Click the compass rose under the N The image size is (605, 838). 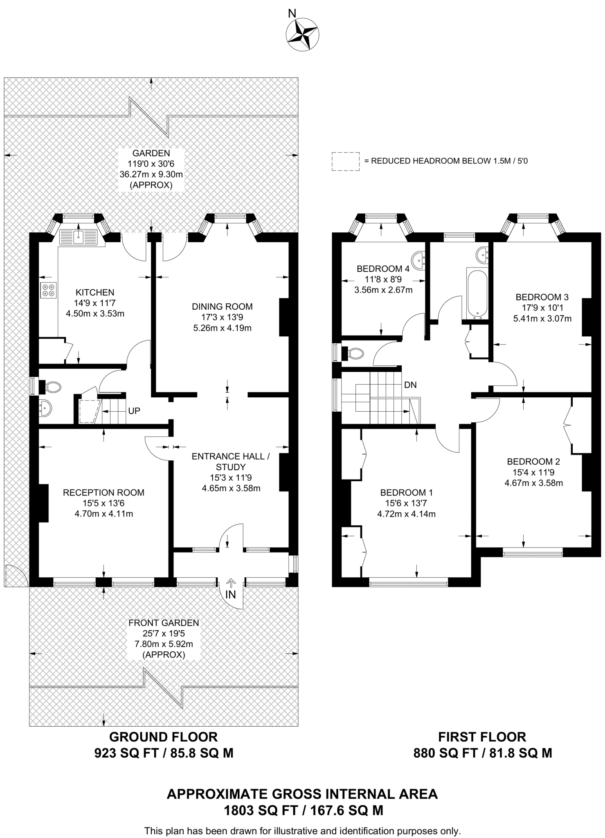coord(302,35)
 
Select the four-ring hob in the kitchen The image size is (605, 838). coord(48,290)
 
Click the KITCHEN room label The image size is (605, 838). coord(95,293)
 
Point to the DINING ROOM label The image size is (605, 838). coord(222,306)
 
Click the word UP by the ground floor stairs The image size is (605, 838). coord(134,411)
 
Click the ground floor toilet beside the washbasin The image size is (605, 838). coord(52,387)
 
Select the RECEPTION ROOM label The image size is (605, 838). coord(103,493)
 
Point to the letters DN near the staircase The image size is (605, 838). coord(410,385)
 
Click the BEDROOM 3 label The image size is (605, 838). coord(542,297)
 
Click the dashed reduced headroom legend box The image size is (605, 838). coord(345,161)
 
